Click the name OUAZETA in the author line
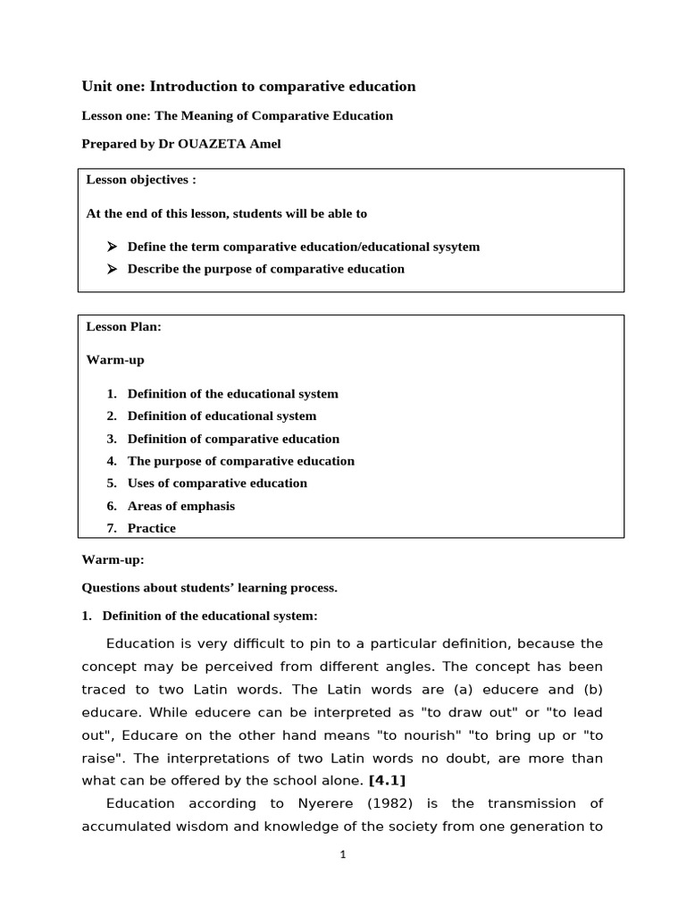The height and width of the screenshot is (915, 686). point(212,144)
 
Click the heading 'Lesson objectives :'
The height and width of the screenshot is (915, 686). point(141,180)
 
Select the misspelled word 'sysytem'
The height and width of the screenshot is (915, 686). point(456,247)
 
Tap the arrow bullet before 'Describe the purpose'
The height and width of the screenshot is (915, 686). point(113,269)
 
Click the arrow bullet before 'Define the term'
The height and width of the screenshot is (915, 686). point(113,247)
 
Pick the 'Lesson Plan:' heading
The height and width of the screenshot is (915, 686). point(124,327)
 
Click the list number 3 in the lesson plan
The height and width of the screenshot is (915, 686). point(112,439)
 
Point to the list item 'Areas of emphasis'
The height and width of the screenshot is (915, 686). point(181,506)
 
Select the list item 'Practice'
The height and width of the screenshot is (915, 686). point(152,528)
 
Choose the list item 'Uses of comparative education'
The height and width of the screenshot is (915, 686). point(217,483)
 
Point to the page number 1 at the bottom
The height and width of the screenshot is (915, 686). point(342,854)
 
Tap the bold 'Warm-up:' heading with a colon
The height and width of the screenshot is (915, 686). point(113,559)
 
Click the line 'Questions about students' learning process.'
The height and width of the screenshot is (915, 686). point(210,588)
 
